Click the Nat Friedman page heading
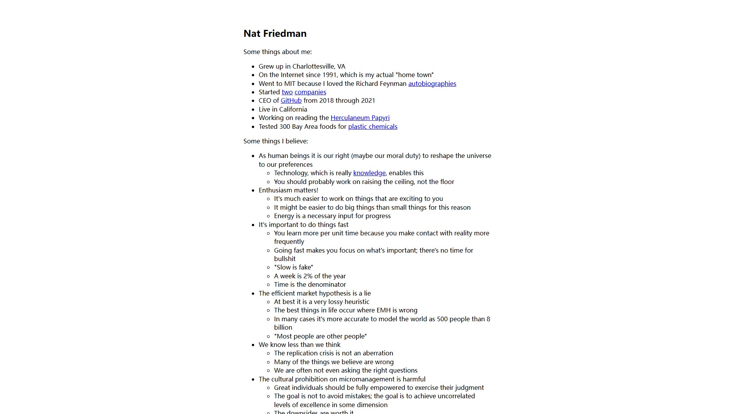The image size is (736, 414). point(275,34)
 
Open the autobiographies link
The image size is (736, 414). point(432,84)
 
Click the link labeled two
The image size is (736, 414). point(287,92)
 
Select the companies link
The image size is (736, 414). point(310,92)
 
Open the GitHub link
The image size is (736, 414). point(291,100)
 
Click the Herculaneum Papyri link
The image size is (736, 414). point(360,118)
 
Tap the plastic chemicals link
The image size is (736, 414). point(373,127)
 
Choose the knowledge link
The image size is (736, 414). point(369,173)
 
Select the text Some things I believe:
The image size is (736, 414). point(276,141)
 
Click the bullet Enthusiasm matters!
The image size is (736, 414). point(288,190)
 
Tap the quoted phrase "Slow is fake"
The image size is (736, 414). point(294,267)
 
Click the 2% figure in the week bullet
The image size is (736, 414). point(308,276)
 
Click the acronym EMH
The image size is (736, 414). point(384,310)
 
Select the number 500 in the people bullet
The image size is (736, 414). point(442,319)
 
